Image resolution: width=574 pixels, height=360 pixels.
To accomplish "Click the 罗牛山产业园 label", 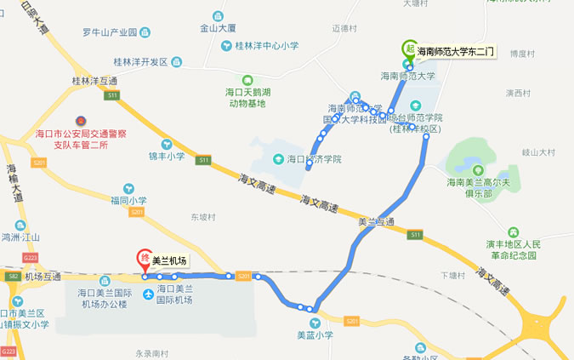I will click(x=110, y=33).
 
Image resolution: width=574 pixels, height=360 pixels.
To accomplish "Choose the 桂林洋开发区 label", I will click(x=142, y=62).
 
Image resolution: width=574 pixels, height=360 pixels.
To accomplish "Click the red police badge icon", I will click(x=82, y=120).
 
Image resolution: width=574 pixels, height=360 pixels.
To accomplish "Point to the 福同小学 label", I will click(x=128, y=201).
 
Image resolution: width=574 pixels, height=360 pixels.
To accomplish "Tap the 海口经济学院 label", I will click(x=314, y=159).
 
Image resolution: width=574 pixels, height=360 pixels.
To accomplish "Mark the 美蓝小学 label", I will click(x=315, y=334).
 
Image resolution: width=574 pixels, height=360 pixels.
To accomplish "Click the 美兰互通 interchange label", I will click(x=376, y=222).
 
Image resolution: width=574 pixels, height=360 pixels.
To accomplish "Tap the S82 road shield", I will click(x=12, y=277).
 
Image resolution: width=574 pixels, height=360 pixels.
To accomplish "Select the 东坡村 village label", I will click(x=204, y=216).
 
